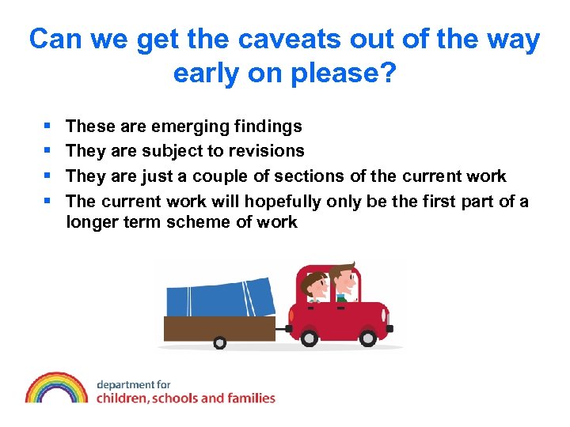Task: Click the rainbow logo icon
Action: tap(55, 388)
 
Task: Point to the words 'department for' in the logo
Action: tap(134, 384)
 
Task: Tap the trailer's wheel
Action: tap(219, 343)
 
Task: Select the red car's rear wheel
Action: tap(309, 338)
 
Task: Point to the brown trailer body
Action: tap(218, 327)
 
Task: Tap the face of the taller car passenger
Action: tap(343, 282)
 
